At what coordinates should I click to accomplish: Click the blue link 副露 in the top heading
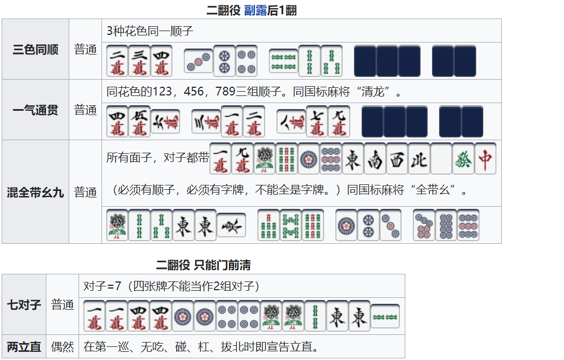(x=255, y=10)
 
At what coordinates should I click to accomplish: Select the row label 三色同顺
(x=35, y=49)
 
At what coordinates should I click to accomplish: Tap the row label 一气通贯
(x=35, y=110)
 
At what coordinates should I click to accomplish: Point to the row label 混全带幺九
(x=35, y=193)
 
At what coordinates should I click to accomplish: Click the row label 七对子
(x=24, y=304)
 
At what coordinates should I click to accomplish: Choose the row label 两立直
(x=24, y=347)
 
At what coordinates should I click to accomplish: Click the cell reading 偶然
(x=62, y=347)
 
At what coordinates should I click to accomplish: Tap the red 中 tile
(x=485, y=159)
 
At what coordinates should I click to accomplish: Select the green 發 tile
(x=463, y=159)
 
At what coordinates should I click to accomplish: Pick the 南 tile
(x=375, y=159)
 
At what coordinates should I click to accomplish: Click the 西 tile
(x=397, y=159)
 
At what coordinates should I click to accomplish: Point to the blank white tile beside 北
(x=441, y=159)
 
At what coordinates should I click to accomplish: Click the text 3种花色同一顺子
(x=149, y=31)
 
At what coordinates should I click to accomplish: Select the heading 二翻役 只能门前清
(x=203, y=266)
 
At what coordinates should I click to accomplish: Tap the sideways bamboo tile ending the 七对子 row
(x=385, y=316)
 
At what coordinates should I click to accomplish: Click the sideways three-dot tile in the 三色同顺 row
(x=198, y=61)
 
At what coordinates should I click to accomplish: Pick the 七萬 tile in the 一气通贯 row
(x=317, y=121)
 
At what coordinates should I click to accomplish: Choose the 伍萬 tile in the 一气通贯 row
(x=139, y=121)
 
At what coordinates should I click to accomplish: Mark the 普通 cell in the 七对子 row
(x=62, y=304)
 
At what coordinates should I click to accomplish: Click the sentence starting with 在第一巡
(x=201, y=347)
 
